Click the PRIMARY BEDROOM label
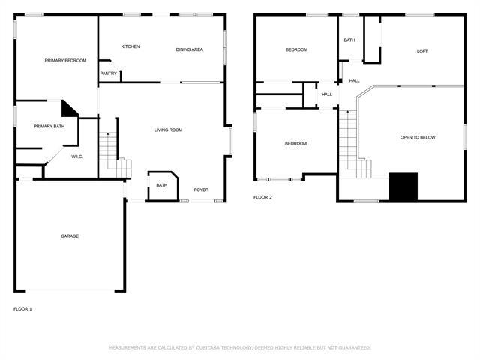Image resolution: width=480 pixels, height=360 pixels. (65, 61)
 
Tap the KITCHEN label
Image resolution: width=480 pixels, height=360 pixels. (130, 47)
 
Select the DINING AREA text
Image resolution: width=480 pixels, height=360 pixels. (189, 49)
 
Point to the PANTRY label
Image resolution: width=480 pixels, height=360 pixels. (108, 73)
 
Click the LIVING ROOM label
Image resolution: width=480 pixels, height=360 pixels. (168, 130)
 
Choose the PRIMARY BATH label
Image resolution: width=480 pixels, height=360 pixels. (49, 127)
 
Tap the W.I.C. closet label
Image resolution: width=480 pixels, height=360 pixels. (76, 157)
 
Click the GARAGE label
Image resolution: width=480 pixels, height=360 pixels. (70, 236)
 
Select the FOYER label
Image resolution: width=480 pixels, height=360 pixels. (201, 190)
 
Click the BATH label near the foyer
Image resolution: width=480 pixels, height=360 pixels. (161, 185)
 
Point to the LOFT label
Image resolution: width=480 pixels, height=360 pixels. (422, 52)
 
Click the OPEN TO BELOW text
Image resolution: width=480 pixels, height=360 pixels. (418, 138)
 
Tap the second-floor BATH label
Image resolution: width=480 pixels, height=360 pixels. (349, 40)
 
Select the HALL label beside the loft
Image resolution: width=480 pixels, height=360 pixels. (354, 80)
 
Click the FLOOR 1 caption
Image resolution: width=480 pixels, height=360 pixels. (22, 309)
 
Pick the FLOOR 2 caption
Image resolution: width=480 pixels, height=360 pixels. (262, 197)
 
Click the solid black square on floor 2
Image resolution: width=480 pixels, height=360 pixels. (403, 187)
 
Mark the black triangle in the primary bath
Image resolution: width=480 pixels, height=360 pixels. (70, 109)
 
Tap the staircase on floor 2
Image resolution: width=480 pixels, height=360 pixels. (349, 139)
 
